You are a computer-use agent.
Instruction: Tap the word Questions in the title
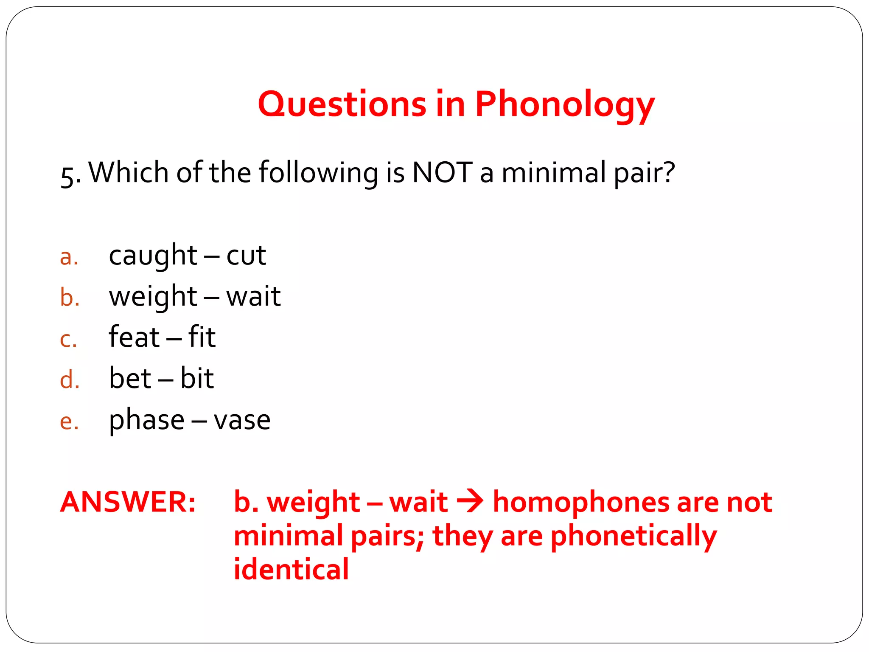[342, 105]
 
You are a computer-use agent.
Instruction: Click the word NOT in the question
[442, 173]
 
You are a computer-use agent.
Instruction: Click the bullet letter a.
[69, 257]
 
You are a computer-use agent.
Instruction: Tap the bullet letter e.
[69, 422]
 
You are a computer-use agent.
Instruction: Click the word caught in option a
[153, 256]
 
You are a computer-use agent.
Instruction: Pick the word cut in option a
[246, 256]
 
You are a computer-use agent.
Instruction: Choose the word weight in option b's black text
[153, 297]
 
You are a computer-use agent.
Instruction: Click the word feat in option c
[134, 337]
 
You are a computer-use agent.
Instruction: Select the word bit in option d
[197, 378]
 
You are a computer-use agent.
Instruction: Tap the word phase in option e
[147, 420]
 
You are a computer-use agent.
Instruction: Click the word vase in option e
[242, 420]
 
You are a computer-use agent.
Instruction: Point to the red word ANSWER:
[128, 502]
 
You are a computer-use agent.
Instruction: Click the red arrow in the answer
[470, 501]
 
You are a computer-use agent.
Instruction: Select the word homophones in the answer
[581, 502]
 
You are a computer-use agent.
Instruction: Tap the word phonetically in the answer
[634, 536]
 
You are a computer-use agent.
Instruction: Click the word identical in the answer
[291, 569]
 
